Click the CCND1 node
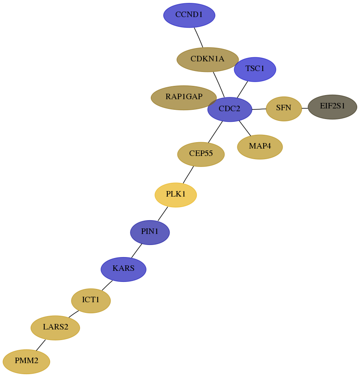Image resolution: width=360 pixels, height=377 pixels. click(189, 15)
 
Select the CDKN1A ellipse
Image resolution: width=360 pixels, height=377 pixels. click(207, 60)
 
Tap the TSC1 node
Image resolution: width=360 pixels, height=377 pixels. click(255, 69)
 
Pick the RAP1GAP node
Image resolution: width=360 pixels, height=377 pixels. click(184, 98)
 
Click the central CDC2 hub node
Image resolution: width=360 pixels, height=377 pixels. click(230, 109)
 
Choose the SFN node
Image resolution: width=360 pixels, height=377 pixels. click(283, 109)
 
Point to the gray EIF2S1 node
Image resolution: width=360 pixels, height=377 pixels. click(332, 107)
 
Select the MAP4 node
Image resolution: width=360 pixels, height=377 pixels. click(260, 147)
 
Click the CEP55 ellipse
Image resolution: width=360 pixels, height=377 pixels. click(201, 154)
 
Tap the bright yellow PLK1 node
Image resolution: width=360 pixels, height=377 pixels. click(176, 195)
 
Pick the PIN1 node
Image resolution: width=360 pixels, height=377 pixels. click(150, 232)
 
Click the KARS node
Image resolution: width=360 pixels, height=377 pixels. click(124, 269)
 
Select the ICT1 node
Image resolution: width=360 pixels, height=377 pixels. click(91, 300)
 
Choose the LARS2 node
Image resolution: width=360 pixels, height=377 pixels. click(55, 328)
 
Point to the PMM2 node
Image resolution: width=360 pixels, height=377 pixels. click(26, 361)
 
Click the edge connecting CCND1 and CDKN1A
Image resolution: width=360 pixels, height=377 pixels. click(199, 37)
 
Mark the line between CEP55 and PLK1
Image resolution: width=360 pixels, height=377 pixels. click(188, 175)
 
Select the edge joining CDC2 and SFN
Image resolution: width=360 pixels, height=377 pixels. click(259, 109)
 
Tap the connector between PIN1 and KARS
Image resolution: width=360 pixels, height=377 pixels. click(136, 251)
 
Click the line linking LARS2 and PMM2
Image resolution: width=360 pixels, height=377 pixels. click(41, 345)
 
